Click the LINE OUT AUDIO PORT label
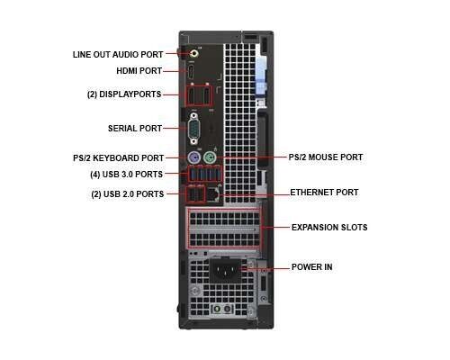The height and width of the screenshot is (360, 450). tap(118, 55)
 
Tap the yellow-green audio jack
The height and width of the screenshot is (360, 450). tap(194, 54)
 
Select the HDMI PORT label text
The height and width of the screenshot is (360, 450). tap(139, 71)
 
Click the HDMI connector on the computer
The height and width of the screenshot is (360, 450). tap(191, 71)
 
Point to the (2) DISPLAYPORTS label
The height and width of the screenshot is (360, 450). tap(124, 94)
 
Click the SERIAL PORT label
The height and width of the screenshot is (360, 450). tap(135, 129)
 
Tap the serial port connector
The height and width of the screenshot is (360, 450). tap(194, 129)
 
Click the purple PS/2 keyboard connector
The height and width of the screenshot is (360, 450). tap(193, 157)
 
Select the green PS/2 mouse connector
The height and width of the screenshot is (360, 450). tap(210, 157)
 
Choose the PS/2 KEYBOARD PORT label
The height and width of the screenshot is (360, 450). tap(119, 158)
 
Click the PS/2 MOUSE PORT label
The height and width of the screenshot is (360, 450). tap(326, 157)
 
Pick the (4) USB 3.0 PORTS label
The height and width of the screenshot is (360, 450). tap(127, 175)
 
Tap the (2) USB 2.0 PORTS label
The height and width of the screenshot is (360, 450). tap(128, 194)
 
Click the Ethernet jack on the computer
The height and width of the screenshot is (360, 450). tap(213, 194)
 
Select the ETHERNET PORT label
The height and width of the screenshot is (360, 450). tap(324, 193)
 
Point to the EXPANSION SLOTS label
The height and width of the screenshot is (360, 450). tap(329, 228)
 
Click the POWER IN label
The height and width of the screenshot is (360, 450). tap(312, 267)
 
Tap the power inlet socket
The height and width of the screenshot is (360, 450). tap(225, 270)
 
